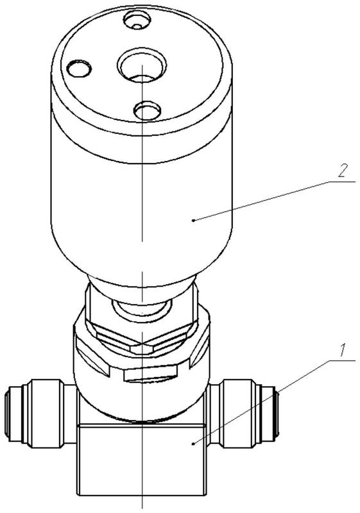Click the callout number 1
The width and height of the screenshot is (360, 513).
[x=341, y=350]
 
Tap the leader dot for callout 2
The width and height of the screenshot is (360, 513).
[x=193, y=221]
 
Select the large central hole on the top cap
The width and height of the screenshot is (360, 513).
[x=142, y=65]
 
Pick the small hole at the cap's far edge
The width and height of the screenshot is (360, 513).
[x=137, y=20]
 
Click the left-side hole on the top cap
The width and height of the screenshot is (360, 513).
[x=79, y=69]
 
